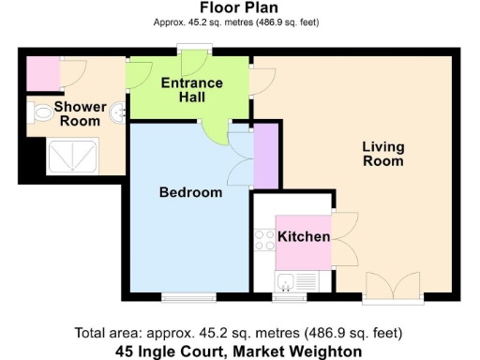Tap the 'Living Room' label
pyautogui.click(x=382, y=154)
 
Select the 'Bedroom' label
pyautogui.click(x=190, y=192)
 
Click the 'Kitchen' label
pyautogui.click(x=304, y=236)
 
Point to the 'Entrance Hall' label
pyautogui.click(x=192, y=90)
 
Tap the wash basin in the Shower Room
pyautogui.click(x=118, y=113)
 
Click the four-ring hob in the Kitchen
pyautogui.click(x=263, y=240)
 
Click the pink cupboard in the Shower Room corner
pyautogui.click(x=42, y=72)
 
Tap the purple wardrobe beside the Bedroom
pyautogui.click(x=266, y=155)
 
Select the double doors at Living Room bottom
pyautogui.click(x=392, y=287)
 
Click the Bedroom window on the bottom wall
pyautogui.click(x=188, y=297)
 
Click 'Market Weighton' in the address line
pyautogui.click(x=300, y=352)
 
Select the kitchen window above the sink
pyautogui.click(x=285, y=297)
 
